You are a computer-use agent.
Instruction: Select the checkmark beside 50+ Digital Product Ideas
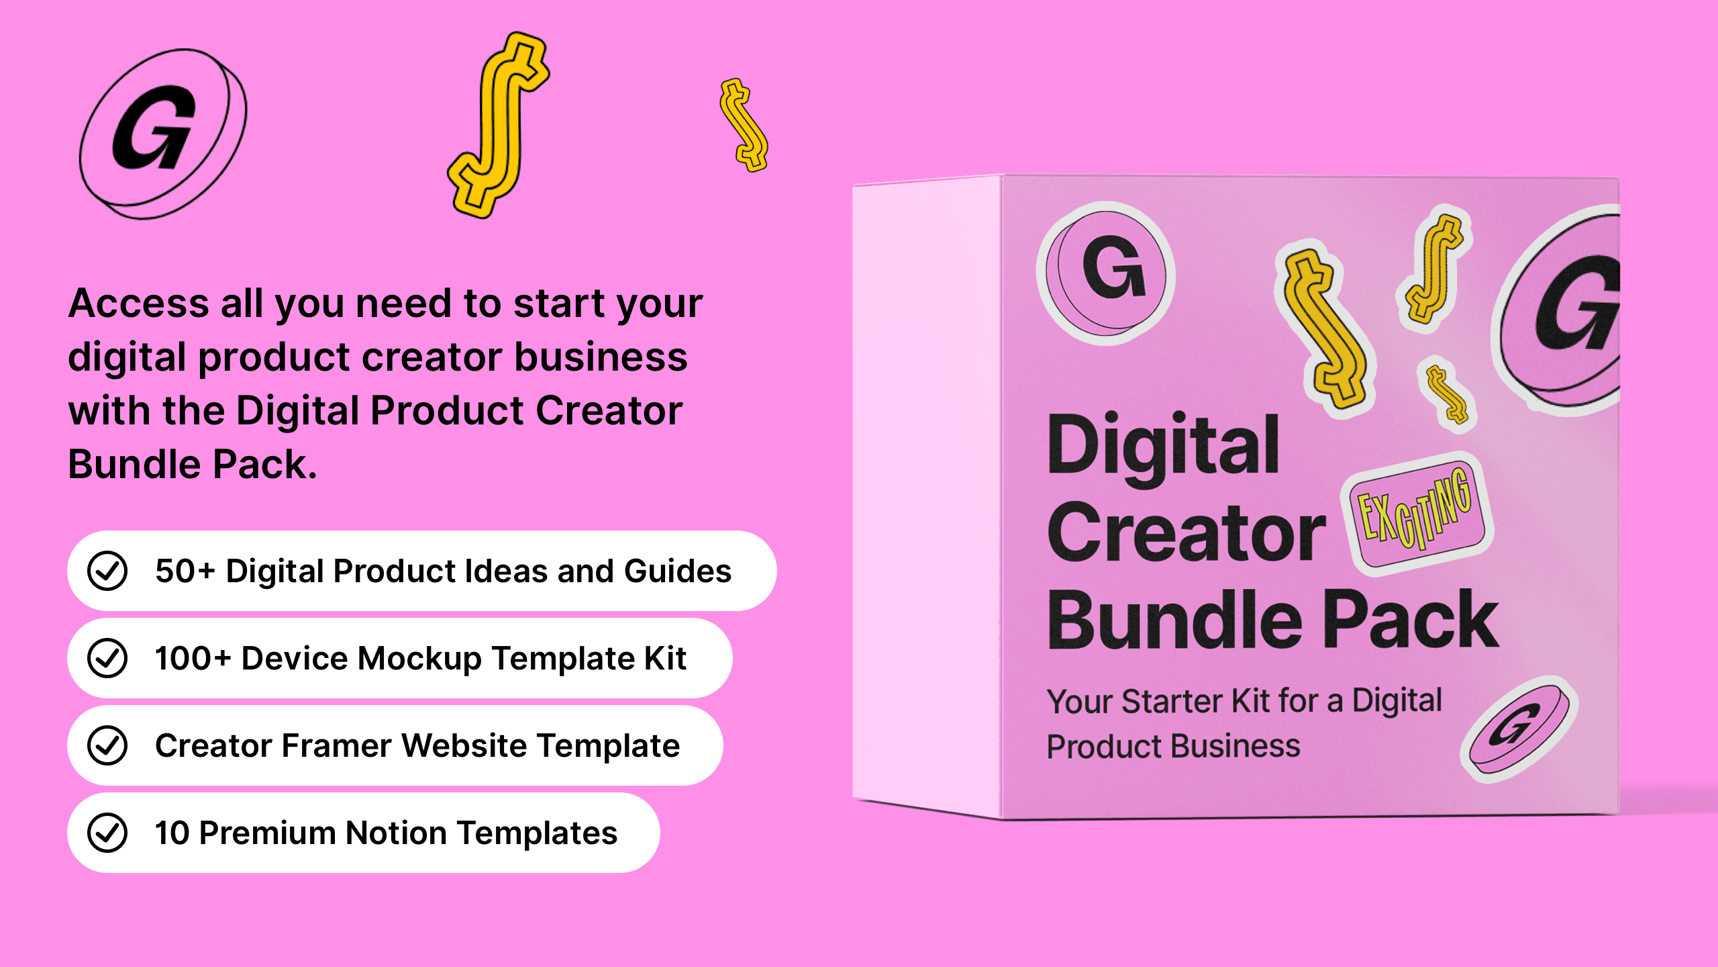click(107, 571)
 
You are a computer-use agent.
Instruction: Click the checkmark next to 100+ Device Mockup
click(107, 658)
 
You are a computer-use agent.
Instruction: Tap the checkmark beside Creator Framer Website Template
click(107, 745)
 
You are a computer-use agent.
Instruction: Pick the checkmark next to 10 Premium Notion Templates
click(107, 833)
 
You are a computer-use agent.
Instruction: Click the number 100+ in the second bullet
click(193, 658)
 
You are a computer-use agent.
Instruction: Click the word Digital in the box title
click(1164, 447)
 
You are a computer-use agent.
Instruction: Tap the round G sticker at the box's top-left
click(1107, 272)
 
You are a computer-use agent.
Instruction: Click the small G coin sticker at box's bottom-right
click(1520, 729)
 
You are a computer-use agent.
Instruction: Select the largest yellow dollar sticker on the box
click(1325, 329)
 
